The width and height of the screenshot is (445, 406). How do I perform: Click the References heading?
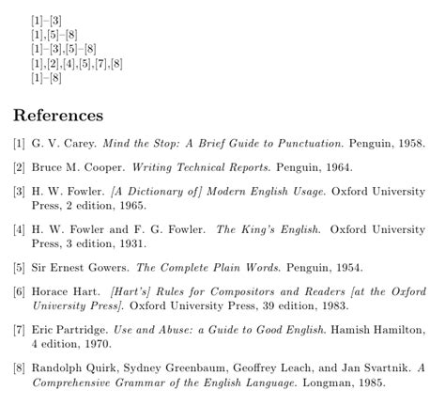pos(57,116)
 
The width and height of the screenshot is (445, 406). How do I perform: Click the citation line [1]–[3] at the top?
pos(46,20)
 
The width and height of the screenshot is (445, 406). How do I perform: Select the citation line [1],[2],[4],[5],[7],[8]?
pos(77,64)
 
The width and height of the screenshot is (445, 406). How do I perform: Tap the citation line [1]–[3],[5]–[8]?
pos(64,49)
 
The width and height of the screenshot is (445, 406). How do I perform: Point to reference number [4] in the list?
pos(19,227)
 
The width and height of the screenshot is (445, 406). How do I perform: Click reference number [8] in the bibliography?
pos(19,367)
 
